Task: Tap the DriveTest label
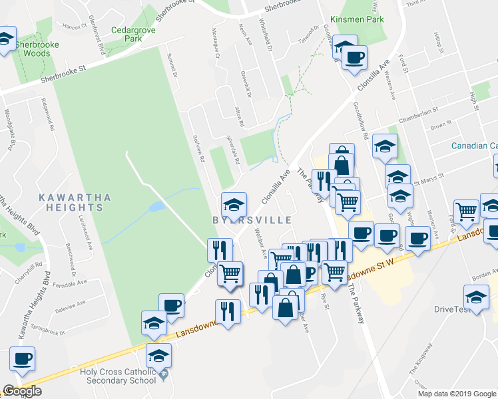coord(453,309)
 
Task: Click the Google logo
coord(22,391)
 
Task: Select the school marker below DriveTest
coord(476,297)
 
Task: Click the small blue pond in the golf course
coord(157,207)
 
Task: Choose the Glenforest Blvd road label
coord(98,39)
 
